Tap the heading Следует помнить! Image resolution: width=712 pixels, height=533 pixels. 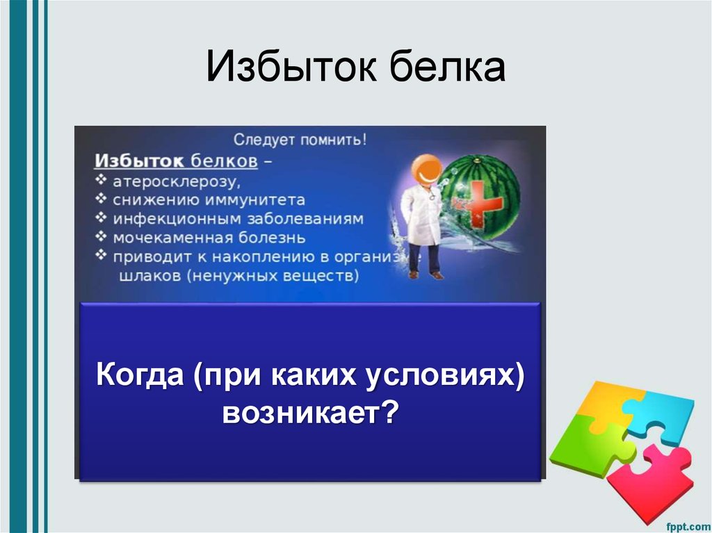(x=300, y=140)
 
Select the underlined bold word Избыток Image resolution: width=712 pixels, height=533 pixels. (x=139, y=161)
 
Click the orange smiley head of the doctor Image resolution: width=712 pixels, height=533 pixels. (x=425, y=169)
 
